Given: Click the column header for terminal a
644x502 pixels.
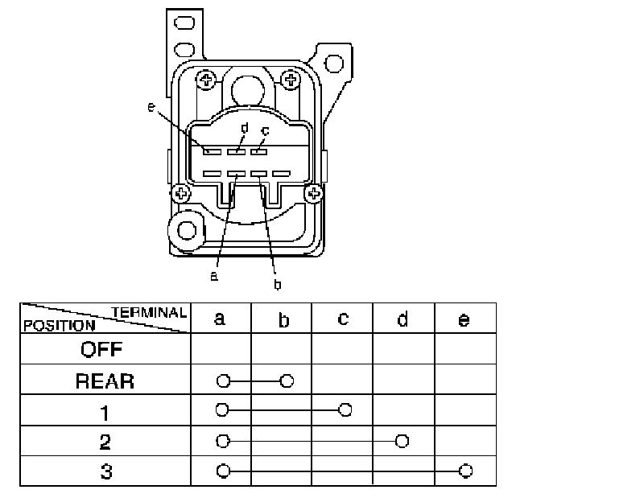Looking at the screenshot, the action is pos(220,319).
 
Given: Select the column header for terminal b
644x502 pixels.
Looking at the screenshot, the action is pos(283,320).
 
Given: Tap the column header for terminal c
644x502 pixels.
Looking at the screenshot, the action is pos(343,319).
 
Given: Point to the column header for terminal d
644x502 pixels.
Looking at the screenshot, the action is pos(402,319).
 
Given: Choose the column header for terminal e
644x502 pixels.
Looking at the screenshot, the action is pos(464,319).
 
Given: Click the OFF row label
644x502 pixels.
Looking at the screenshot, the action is pos(105,350).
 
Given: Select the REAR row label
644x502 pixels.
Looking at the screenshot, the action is pos(105,381).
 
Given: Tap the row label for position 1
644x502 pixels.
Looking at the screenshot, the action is pos(105,411).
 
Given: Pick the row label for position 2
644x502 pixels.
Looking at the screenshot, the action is pos(105,442).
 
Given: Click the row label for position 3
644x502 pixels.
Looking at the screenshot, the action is pos(105,471).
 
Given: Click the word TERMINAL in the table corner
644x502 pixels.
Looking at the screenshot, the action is pos(150,312).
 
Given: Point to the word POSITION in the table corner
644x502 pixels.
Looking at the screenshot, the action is pos(60,326).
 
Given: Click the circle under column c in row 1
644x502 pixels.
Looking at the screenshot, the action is pos(345,410).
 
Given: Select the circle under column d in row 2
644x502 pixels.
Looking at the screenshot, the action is pos(402,441).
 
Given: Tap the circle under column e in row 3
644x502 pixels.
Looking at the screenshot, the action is pos(464,471).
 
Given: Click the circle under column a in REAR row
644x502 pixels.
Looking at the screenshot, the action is pos(223,380).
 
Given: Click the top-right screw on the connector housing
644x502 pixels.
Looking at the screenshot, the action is pos(290,79).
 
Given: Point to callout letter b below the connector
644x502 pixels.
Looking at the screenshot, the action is pos(278,283).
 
